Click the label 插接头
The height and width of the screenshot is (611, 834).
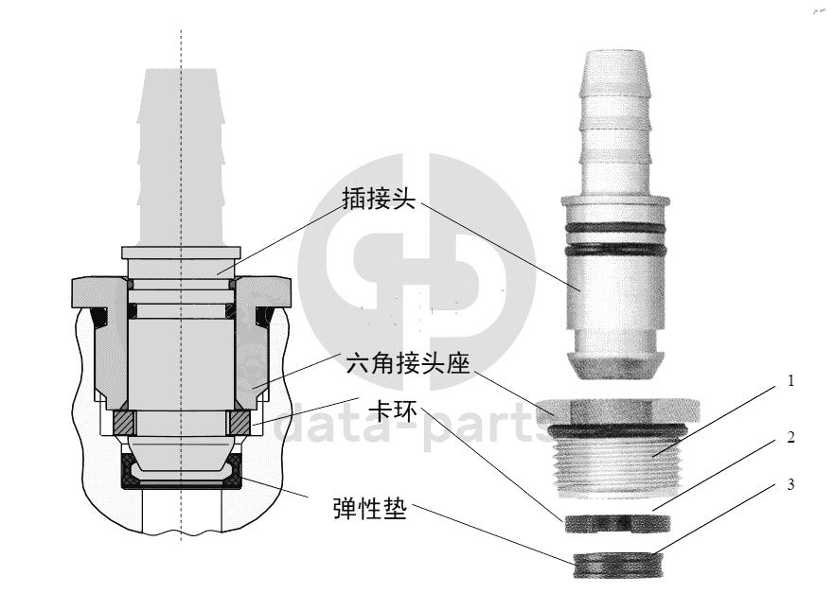click(378, 199)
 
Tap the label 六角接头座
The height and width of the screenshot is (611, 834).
click(408, 364)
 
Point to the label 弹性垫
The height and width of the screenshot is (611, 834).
click(370, 509)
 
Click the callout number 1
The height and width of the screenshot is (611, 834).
click(790, 380)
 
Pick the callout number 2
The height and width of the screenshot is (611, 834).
click(790, 437)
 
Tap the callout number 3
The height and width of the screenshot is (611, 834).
click(790, 484)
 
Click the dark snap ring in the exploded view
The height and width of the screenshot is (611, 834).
click(617, 523)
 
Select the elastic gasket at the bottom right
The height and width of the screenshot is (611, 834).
click(617, 565)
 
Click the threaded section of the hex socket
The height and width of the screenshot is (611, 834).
click(617, 463)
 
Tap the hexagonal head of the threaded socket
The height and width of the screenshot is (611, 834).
click(618, 410)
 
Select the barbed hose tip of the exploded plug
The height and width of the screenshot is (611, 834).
click(615, 122)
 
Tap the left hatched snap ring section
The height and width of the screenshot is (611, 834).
click(124, 423)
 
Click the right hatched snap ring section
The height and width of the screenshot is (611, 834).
click(239, 423)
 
